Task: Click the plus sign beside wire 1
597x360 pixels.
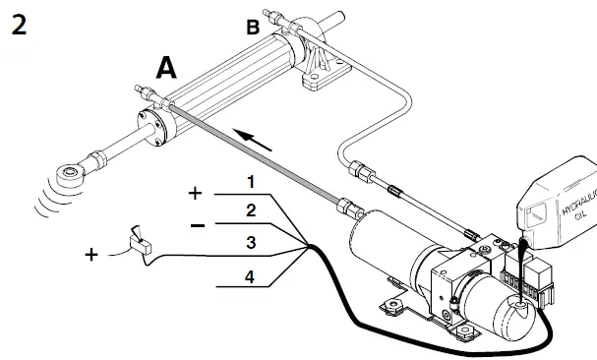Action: coord(196,193)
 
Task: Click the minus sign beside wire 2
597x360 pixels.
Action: coord(197,224)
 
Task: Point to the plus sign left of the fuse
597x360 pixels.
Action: coord(92,255)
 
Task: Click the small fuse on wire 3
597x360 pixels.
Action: coord(138,242)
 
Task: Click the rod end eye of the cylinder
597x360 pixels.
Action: coord(70,176)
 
